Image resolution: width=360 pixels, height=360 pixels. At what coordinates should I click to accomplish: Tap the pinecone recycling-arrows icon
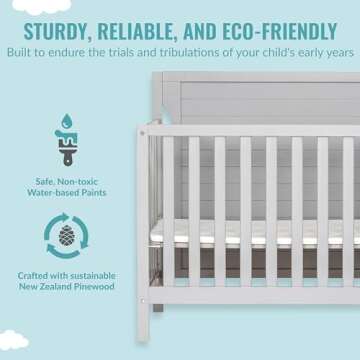[66, 237]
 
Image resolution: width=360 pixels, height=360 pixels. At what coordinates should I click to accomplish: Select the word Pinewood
[92, 287]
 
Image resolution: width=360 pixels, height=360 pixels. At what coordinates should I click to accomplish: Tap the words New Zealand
[46, 287]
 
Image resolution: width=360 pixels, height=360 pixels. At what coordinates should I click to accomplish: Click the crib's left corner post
[146, 220]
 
